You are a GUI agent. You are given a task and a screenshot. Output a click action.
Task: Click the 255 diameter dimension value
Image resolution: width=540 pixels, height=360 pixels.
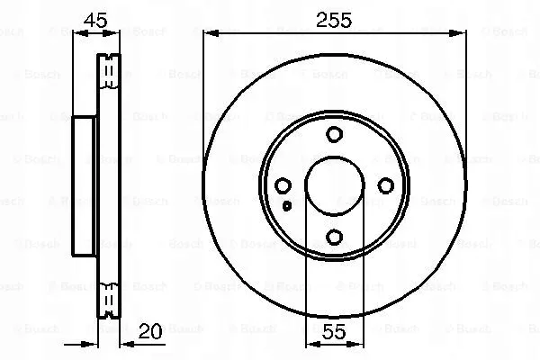(334, 18)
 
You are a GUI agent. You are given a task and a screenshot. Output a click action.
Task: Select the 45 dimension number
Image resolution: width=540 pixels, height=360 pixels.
(95, 18)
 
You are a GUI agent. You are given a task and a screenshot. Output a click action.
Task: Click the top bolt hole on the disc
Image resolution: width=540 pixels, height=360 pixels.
(334, 135)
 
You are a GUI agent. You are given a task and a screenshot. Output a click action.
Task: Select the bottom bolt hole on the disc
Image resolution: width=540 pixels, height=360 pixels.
(334, 237)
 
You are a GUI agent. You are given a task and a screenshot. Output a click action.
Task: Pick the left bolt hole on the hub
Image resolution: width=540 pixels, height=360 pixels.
(283, 185)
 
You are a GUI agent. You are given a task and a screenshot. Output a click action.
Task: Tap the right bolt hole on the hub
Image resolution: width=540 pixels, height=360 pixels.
(385, 185)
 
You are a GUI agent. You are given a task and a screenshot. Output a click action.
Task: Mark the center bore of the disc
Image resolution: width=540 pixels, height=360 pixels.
(334, 185)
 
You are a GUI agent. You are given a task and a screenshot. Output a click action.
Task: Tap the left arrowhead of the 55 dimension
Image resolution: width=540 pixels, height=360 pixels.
(311, 343)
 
